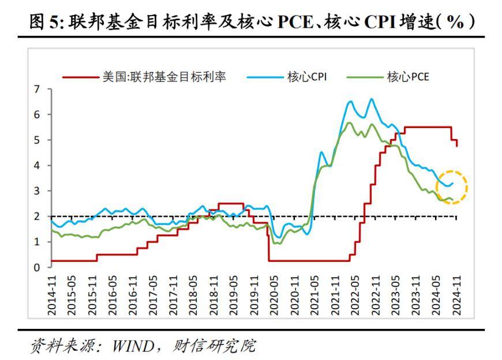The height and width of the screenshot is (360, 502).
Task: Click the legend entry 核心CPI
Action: coord(306,77)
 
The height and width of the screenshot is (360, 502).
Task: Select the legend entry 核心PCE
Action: coord(407,77)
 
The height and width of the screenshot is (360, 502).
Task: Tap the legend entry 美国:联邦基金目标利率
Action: coord(164,77)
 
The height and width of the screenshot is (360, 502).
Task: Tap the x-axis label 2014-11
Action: coord(52,295)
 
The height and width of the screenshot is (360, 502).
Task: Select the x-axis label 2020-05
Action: coord(274,295)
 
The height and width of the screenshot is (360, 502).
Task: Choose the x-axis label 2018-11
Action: coord(213,295)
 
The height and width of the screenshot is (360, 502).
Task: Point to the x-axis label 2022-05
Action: coord(354,295)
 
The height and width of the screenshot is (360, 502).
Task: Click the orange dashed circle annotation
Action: coord(452,187)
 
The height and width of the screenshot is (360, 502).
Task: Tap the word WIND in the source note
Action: coord(133,346)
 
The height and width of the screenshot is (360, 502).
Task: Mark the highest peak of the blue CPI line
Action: coord(371,99)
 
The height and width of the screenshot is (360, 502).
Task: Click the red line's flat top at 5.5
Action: coord(427,127)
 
